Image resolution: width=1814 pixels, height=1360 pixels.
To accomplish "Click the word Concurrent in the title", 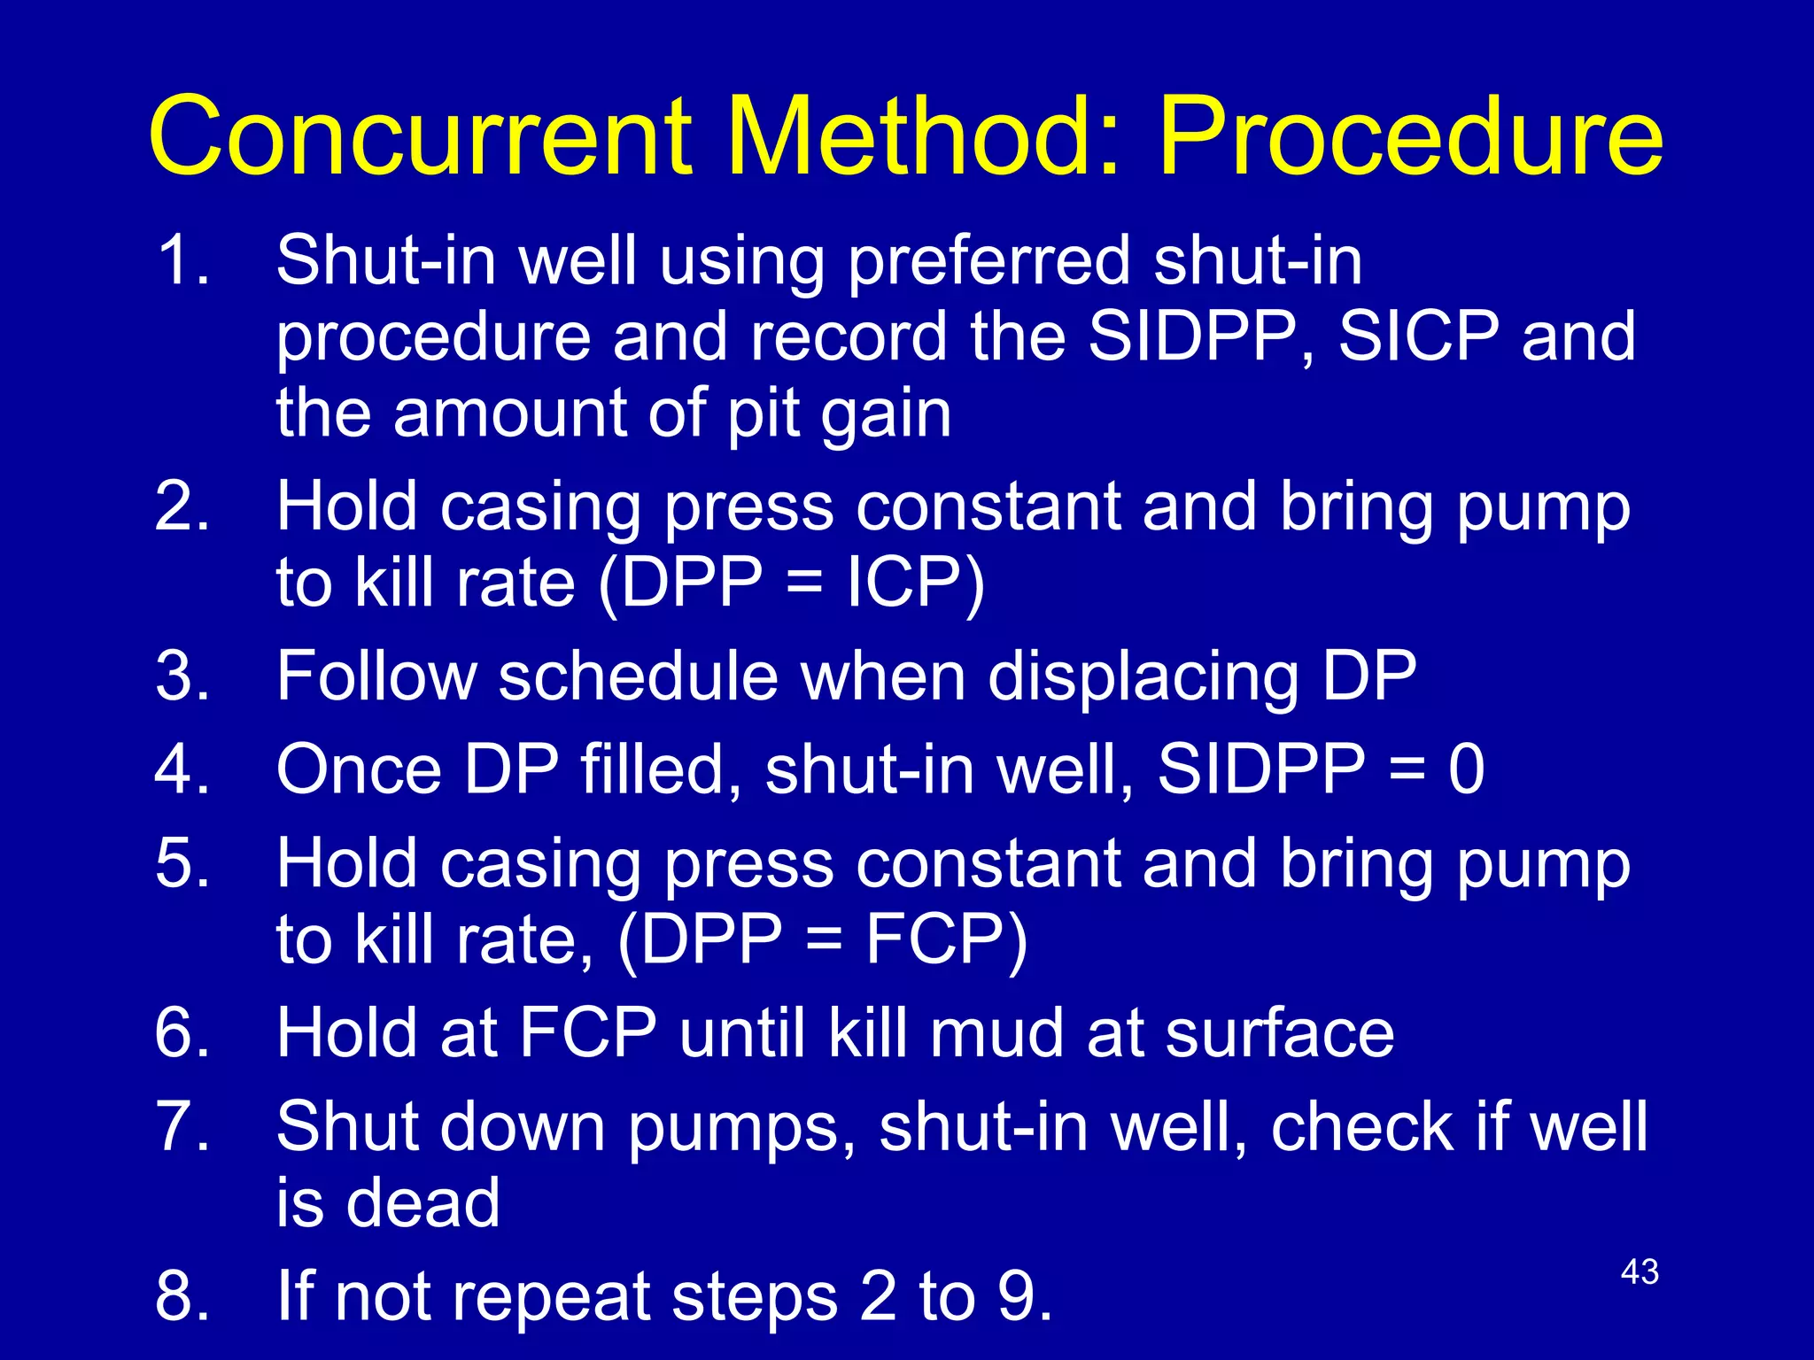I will point(421,137).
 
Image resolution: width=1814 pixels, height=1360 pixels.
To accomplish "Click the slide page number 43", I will point(1640,1272).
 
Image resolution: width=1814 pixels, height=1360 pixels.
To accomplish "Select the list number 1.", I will point(182,260).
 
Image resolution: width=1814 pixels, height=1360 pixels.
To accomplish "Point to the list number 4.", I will point(182,769).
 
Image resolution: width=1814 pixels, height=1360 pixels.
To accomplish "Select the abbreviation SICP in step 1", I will point(1418,336).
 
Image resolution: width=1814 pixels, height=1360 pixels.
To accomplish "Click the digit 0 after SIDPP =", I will point(1466,769).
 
